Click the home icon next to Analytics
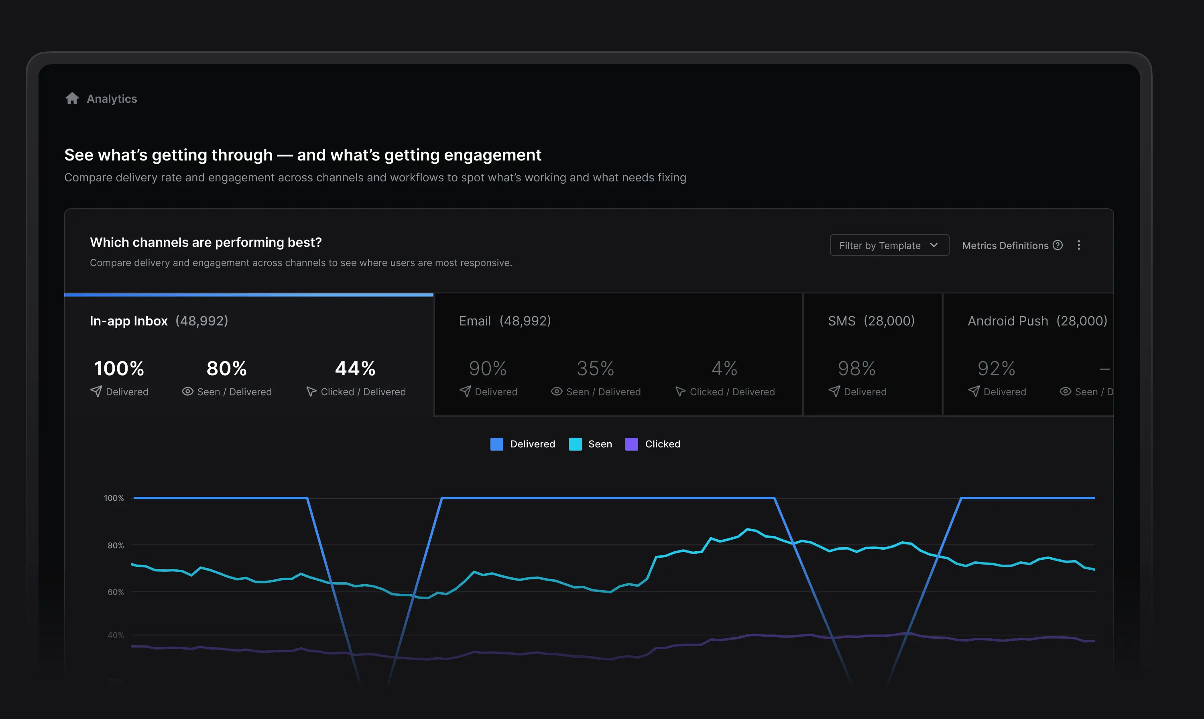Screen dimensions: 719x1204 [72, 98]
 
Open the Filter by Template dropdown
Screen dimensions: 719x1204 [889, 246]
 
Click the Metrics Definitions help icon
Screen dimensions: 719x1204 [1058, 245]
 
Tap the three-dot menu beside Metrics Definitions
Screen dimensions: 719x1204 [1078, 245]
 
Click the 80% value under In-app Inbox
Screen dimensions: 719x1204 [226, 369]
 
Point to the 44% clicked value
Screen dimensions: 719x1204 [355, 369]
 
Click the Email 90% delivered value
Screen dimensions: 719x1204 [487, 369]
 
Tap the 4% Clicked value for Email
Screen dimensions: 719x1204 [724, 369]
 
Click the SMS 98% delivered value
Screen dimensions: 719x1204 [856, 369]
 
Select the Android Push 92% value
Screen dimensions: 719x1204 [996, 369]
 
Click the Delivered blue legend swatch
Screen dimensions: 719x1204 [496, 444]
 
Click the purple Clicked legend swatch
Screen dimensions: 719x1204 [631, 444]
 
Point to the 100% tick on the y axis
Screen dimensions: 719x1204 [114, 498]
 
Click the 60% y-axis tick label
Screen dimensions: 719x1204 [115, 592]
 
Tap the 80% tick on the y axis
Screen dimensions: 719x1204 [115, 546]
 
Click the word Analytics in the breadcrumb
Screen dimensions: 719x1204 [112, 99]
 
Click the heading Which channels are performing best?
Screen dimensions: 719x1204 [206, 242]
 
